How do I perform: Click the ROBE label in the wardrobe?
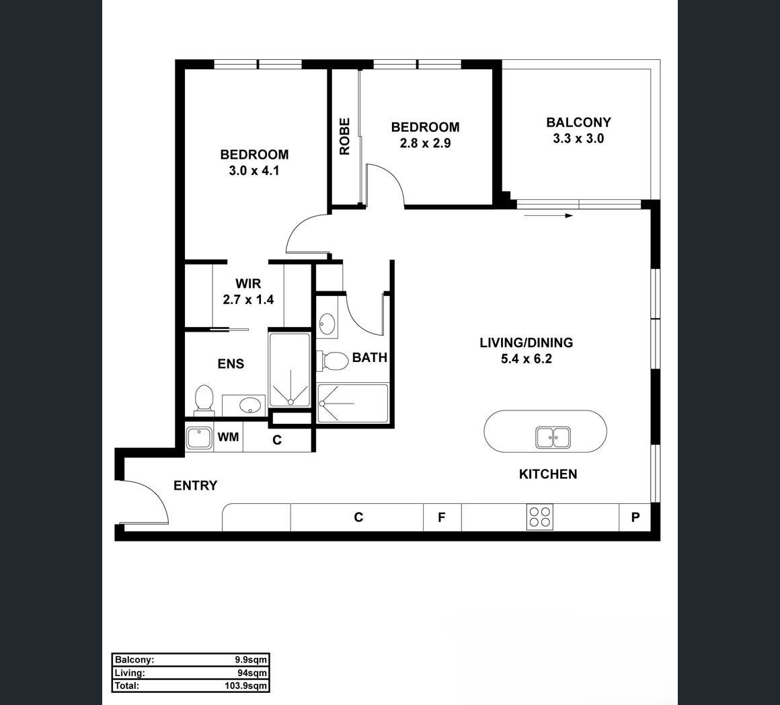(344, 137)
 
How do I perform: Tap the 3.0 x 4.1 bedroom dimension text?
(253, 171)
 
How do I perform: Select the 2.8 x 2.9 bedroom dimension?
(426, 143)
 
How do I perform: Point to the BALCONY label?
(578, 122)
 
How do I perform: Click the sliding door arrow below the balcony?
(549, 216)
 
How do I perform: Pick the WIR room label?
(248, 284)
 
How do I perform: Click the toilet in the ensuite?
(204, 400)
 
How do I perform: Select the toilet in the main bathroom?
(333, 361)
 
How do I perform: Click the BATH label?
(370, 357)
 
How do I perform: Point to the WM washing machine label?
(229, 437)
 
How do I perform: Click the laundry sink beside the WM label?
(199, 438)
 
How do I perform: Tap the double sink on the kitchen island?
(553, 438)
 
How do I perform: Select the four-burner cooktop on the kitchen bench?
(540, 517)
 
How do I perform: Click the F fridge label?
(441, 517)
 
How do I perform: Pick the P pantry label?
(635, 517)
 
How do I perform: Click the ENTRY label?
(196, 486)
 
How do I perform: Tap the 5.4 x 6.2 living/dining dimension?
(526, 359)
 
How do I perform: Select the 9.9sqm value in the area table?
(251, 660)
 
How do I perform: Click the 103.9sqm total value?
(245, 685)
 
